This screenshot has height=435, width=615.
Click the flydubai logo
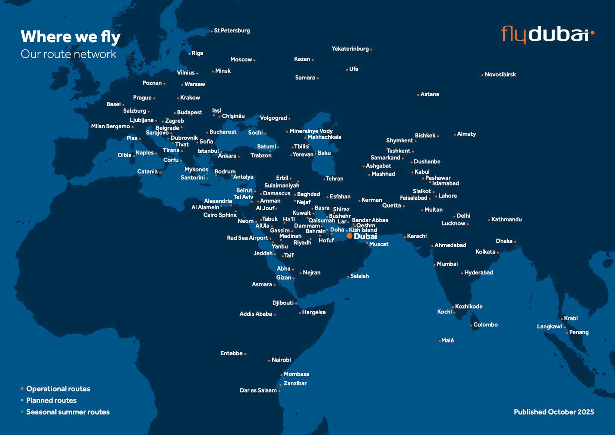(547, 34)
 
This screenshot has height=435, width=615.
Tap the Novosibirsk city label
(500, 75)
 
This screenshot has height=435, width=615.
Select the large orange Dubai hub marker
(349, 236)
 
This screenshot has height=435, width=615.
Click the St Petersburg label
(232, 31)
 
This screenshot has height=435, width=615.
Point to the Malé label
(447, 340)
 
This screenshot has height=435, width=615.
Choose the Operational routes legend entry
(58, 389)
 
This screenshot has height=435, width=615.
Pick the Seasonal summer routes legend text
(68, 412)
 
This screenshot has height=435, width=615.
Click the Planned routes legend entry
(51, 400)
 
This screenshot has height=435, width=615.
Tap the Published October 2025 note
(553, 412)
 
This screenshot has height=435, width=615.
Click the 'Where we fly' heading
(70, 37)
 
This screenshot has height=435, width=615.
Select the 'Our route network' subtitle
(69, 54)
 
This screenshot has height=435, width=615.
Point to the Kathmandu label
(506, 220)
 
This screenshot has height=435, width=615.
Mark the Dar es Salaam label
(258, 390)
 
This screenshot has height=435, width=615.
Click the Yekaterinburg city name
(350, 48)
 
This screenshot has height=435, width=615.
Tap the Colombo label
(485, 325)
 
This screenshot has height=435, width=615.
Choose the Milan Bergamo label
(110, 126)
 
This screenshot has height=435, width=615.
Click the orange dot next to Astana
(418, 95)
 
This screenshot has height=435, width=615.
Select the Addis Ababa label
(256, 314)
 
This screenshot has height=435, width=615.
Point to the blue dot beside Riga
(189, 54)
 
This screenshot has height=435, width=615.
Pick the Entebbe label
(231, 353)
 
